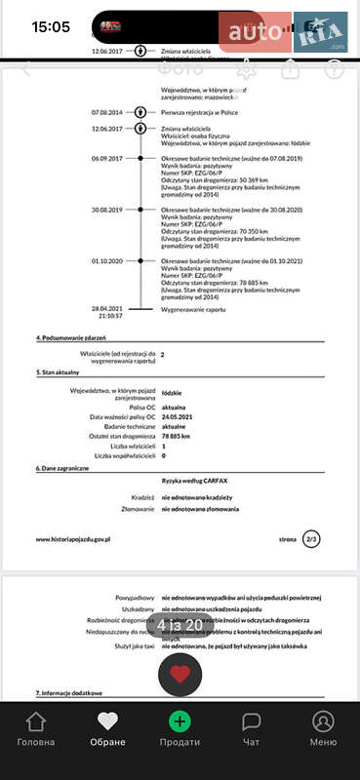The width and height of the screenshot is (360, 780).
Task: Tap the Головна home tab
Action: click(36, 728)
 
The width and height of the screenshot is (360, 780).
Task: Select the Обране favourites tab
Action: click(107, 728)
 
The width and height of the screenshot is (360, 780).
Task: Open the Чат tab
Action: click(251, 728)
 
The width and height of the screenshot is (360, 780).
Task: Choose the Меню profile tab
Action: click(323, 728)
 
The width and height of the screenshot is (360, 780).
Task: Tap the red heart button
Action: click(180, 674)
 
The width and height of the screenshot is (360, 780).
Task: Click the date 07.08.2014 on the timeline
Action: click(108, 112)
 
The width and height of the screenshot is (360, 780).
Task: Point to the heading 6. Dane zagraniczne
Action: click(63, 469)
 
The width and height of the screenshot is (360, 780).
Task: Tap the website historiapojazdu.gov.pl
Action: click(73, 538)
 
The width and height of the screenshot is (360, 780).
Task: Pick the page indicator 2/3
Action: click(311, 538)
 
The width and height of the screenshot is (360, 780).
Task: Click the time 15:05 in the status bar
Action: click(51, 27)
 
